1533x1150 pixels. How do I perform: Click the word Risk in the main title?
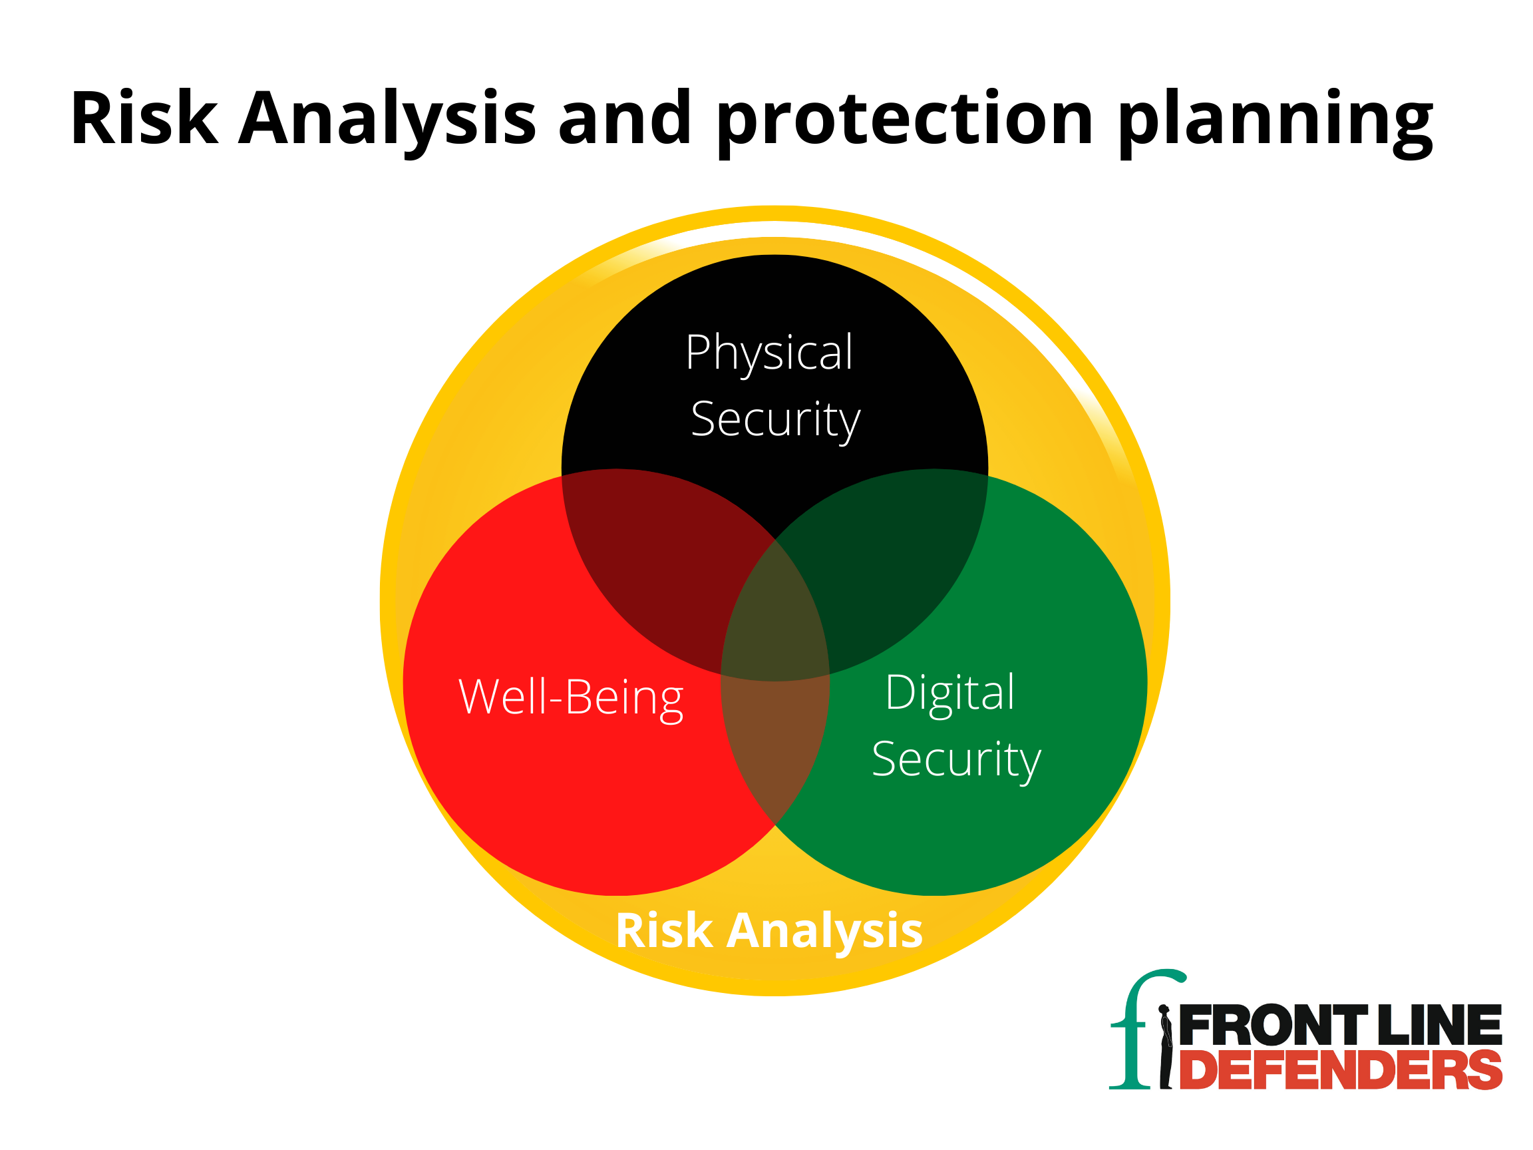pyautogui.click(x=144, y=118)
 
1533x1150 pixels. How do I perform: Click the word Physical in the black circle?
pyautogui.click(x=769, y=354)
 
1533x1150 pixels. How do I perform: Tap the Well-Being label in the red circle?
pyautogui.click(x=571, y=698)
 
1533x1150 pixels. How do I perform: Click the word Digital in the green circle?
pyautogui.click(x=950, y=693)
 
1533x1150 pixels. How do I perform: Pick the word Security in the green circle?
pyautogui.click(x=956, y=760)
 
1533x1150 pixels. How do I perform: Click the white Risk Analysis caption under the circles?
pyautogui.click(x=769, y=930)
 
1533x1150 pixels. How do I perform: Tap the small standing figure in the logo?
pyautogui.click(x=1166, y=1047)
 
